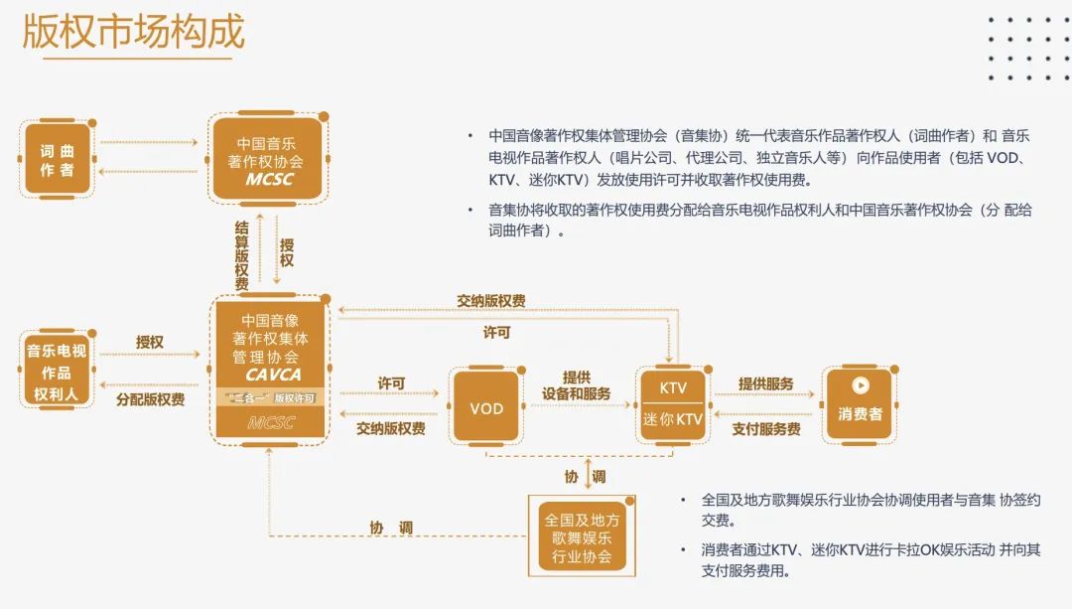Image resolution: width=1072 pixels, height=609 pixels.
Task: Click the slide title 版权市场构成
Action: click(134, 32)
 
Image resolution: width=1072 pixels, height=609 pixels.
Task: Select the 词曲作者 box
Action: click(57, 159)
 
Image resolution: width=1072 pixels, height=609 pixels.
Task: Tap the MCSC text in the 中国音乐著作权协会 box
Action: click(269, 179)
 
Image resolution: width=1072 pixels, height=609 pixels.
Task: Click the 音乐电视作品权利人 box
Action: click(57, 371)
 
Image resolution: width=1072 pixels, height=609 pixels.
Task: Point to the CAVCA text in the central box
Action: click(273, 375)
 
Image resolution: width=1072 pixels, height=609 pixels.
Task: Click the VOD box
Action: click(486, 407)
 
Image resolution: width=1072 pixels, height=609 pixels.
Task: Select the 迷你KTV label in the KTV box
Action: click(672, 419)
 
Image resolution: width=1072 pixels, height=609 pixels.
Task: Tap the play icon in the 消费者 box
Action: click(860, 385)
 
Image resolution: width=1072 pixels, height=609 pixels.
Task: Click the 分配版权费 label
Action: click(151, 399)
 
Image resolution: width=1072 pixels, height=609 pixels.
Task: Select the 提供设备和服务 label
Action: click(577, 385)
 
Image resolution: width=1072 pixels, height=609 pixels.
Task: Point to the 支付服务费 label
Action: click(765, 429)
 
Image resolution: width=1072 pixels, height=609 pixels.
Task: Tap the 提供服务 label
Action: click(765, 383)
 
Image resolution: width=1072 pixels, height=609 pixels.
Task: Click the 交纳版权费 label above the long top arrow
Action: click(491, 301)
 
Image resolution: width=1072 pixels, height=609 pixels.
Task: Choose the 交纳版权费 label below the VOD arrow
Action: click(390, 428)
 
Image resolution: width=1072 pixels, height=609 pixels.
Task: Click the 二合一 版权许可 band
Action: click(271, 397)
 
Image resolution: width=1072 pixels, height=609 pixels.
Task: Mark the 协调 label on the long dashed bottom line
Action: click(391, 528)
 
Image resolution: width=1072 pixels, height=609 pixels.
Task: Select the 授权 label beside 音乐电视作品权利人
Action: click(149, 342)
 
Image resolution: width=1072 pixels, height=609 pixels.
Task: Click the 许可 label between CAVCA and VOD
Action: click(391, 383)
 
